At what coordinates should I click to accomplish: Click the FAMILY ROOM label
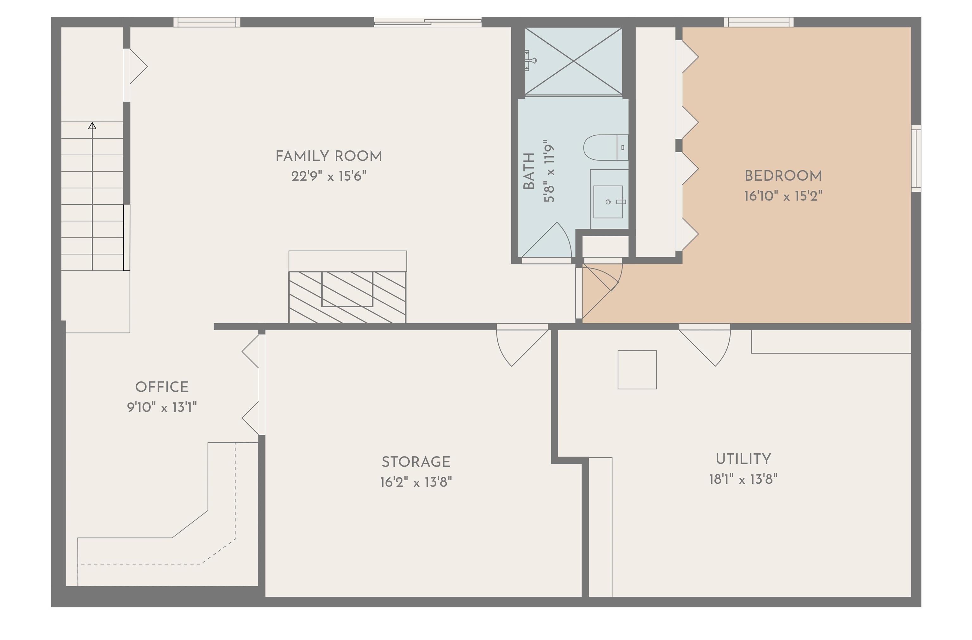328,156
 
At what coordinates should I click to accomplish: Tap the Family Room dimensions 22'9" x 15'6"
328,177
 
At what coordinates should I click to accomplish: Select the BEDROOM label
783,176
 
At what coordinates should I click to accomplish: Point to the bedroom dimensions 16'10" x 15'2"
783,196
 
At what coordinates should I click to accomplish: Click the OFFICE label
162,387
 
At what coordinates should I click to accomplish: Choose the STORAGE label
416,462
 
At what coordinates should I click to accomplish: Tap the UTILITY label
743,459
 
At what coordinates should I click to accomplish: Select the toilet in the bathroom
604,147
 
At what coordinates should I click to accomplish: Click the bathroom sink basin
608,202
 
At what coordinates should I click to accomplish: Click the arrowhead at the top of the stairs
92,126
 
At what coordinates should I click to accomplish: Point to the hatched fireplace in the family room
347,297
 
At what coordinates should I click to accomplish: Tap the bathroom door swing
549,243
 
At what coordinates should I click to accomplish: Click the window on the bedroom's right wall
916,158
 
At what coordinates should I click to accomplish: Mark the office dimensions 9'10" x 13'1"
162,407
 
